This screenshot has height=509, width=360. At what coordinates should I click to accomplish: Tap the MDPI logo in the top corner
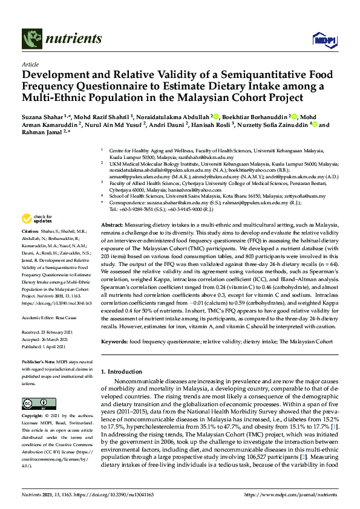click(321, 40)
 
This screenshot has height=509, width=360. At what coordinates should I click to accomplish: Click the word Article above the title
click(30, 63)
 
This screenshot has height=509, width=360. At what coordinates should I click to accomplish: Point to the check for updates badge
click(37, 218)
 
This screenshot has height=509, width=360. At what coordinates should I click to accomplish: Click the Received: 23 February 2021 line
click(48, 315)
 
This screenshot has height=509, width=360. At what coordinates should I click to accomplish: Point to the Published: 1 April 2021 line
click(44, 330)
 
